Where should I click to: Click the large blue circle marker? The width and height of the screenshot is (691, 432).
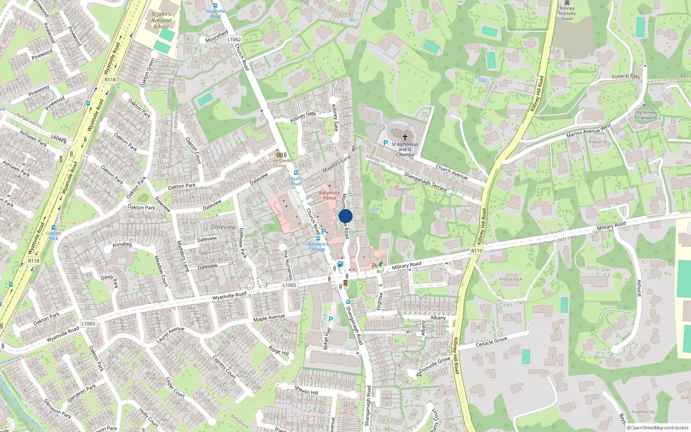point(345,216)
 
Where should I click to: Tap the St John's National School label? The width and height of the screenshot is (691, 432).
point(161,20)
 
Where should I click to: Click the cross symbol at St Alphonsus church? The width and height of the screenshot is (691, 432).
point(405,137)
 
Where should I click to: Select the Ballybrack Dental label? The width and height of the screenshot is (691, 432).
point(330,195)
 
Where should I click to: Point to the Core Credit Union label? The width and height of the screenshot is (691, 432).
point(280,163)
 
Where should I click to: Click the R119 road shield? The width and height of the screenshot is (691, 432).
point(476,251)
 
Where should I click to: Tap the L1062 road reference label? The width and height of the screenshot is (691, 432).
point(234,39)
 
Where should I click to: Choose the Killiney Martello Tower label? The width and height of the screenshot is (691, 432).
point(567,13)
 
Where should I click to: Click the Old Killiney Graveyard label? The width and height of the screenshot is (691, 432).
point(646,115)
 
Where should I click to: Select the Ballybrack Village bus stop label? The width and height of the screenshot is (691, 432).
point(318,247)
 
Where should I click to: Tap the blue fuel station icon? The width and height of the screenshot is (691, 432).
point(340,264)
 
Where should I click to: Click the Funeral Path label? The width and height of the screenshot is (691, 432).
point(626,76)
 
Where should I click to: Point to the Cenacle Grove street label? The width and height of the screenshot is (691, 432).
point(491,342)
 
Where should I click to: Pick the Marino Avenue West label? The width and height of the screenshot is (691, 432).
point(589,131)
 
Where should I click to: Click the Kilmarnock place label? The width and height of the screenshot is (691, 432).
point(511,279)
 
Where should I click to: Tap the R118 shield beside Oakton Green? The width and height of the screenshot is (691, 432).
point(110,79)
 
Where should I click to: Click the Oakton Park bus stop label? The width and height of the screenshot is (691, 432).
point(54,235)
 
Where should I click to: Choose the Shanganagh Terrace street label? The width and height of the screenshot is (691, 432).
point(425,181)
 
